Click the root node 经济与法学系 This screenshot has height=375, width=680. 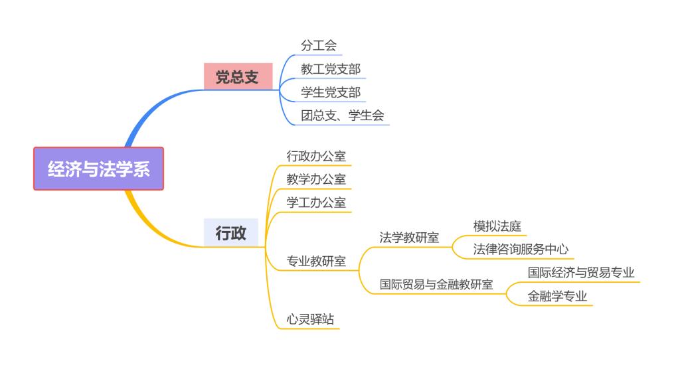coord(98,169)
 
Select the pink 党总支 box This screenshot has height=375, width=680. coord(238,77)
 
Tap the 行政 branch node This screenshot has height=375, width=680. coord(230,233)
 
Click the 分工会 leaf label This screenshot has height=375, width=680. coord(319,45)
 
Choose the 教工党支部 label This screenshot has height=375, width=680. coord(331,68)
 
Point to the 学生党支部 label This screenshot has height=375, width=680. coord(331,92)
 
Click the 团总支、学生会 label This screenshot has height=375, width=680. coord(342,115)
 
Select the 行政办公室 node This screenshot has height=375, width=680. coord(316,155)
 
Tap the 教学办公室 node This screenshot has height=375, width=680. coord(316,179)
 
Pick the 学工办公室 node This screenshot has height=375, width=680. coord(316,202)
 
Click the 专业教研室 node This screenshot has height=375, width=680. coord(316,261)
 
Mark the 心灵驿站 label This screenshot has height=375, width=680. coord(310,319)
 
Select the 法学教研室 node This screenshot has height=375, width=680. coord(409,237)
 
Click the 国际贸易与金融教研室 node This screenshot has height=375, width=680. coord(436,284)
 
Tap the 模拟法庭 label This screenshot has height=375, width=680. coord(497,226)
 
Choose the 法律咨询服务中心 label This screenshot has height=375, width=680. coord(521,249)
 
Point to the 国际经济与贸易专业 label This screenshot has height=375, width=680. coord(581,272)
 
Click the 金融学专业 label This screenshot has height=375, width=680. coord(557,296)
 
